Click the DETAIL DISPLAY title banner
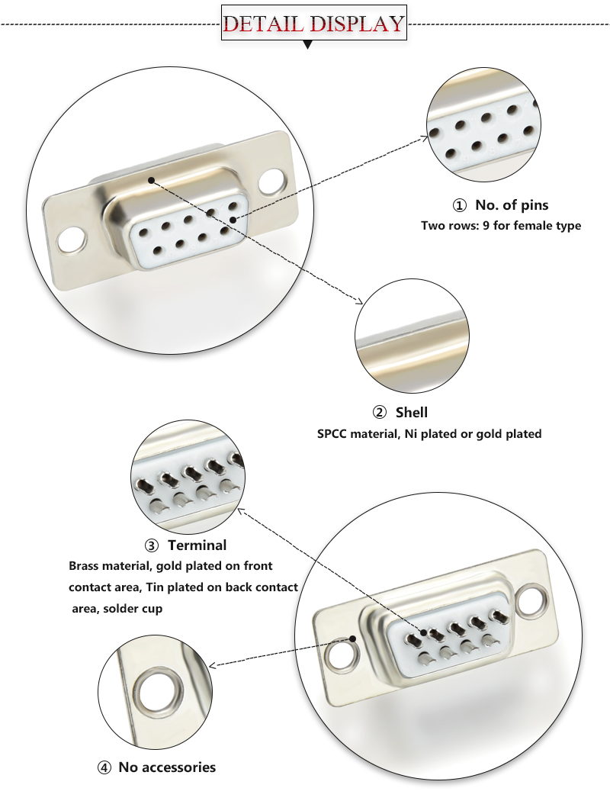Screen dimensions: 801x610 pos(313,23)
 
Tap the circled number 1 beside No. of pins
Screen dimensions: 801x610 pos(459,205)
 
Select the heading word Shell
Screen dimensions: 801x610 pos(412,413)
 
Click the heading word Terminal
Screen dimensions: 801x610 pos(197,545)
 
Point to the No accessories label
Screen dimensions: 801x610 pos(167,767)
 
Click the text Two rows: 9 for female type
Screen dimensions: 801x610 pos(501,226)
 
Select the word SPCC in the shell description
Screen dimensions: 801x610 pos(333,434)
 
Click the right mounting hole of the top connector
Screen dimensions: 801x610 pos(271,182)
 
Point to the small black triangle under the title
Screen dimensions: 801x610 pos(308,45)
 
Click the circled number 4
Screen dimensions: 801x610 pos(104,767)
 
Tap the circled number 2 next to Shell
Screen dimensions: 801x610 pos(380,413)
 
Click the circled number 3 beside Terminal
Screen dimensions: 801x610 pos(152,545)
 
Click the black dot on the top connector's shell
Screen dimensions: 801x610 pos(152,181)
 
